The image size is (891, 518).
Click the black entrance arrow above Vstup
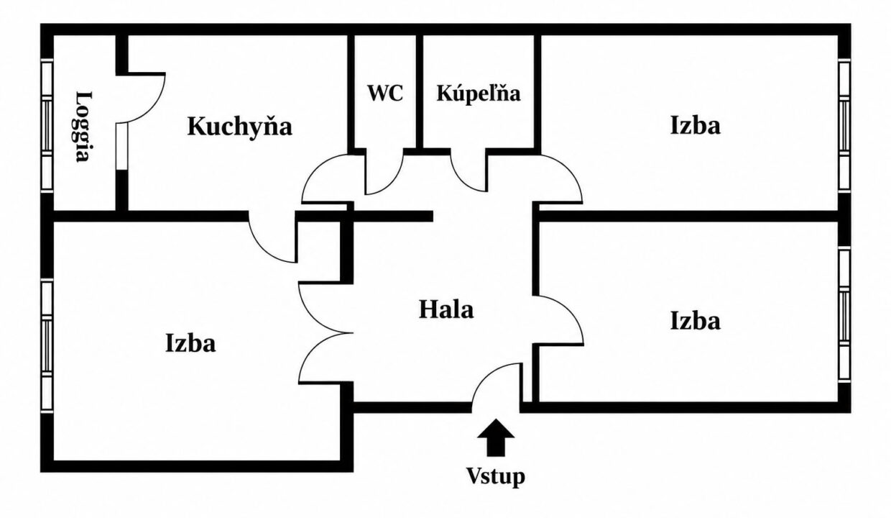(x=496, y=437)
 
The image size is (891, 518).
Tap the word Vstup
(x=496, y=476)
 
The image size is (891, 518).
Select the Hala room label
(x=446, y=310)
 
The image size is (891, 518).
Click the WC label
(x=385, y=93)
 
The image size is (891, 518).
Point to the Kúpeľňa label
(x=479, y=94)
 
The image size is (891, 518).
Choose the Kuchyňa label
(x=239, y=126)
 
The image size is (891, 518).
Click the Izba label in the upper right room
(x=696, y=125)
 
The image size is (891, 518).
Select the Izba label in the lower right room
(x=696, y=321)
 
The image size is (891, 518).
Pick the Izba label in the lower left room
(x=190, y=343)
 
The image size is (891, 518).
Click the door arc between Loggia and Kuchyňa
(x=153, y=107)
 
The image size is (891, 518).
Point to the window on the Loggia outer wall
(x=47, y=125)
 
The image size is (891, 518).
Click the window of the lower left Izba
(x=47, y=345)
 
